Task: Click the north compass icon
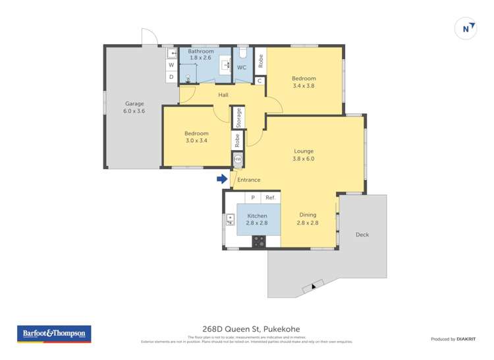(466, 29)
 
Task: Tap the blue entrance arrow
(223, 178)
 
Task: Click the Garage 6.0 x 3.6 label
(134, 107)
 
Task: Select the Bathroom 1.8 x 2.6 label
(201, 55)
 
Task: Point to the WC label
(242, 67)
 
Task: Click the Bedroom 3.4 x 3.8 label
(304, 82)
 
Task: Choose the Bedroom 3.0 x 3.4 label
(196, 137)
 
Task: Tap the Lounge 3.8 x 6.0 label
(304, 155)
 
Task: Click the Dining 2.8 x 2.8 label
(308, 219)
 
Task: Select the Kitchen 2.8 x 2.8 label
(257, 219)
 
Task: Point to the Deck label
(362, 234)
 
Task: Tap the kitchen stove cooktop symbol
(258, 242)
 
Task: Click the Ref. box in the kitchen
(270, 197)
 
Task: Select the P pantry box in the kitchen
(253, 197)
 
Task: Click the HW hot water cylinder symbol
(238, 159)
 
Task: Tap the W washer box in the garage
(171, 65)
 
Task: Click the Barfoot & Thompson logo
(54, 334)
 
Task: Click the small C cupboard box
(260, 81)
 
